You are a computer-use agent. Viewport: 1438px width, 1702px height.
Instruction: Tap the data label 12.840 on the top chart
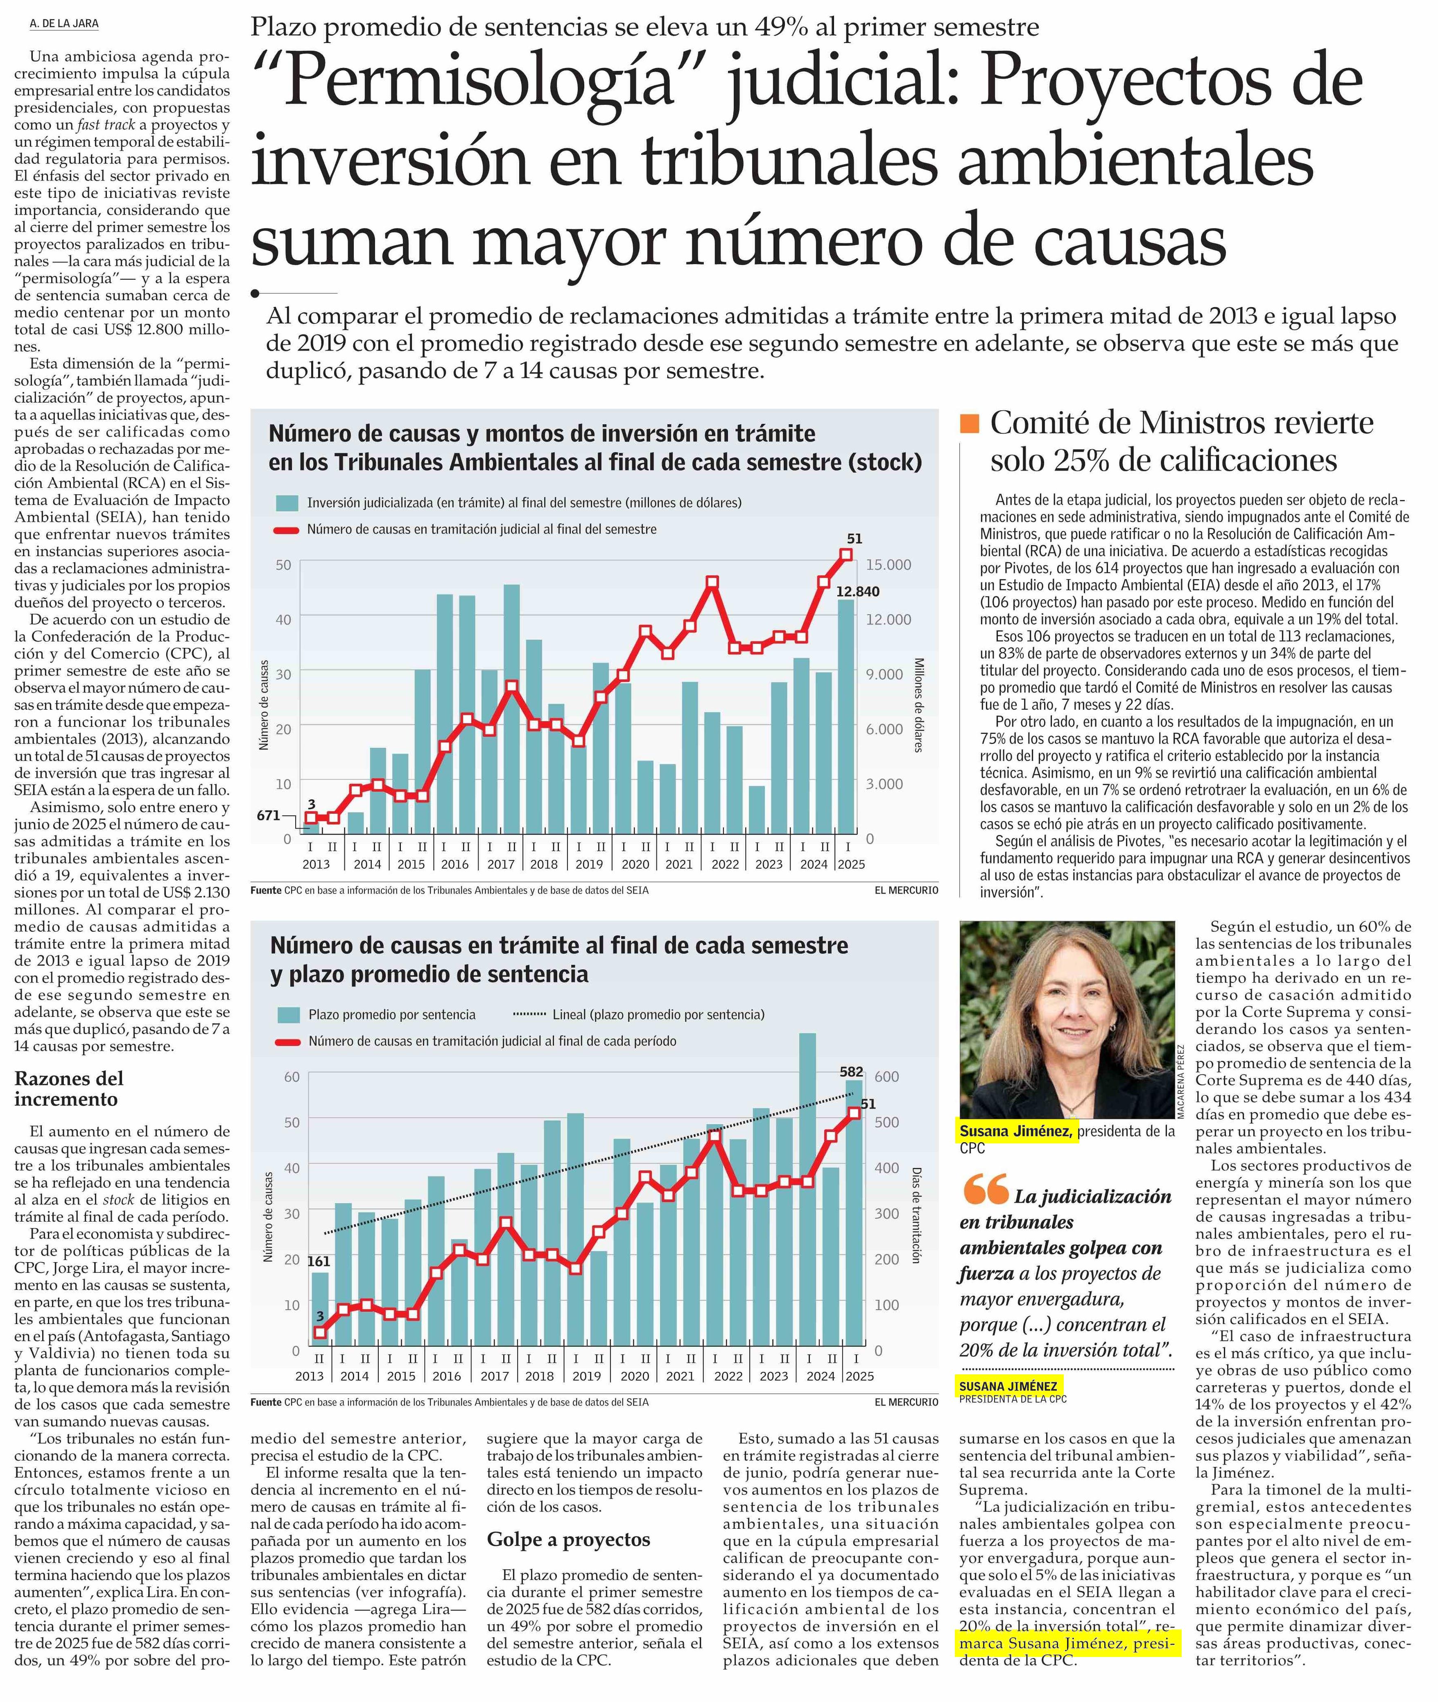pos(857,591)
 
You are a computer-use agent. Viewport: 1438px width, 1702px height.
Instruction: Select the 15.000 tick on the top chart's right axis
pos(889,564)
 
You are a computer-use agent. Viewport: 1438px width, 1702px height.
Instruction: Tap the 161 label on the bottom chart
pos(318,1261)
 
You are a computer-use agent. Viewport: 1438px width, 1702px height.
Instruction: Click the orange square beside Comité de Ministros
pos(969,423)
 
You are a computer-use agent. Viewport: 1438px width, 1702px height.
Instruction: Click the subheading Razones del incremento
pos(69,1088)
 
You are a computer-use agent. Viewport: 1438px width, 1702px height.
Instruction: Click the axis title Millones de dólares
pos(919,705)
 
